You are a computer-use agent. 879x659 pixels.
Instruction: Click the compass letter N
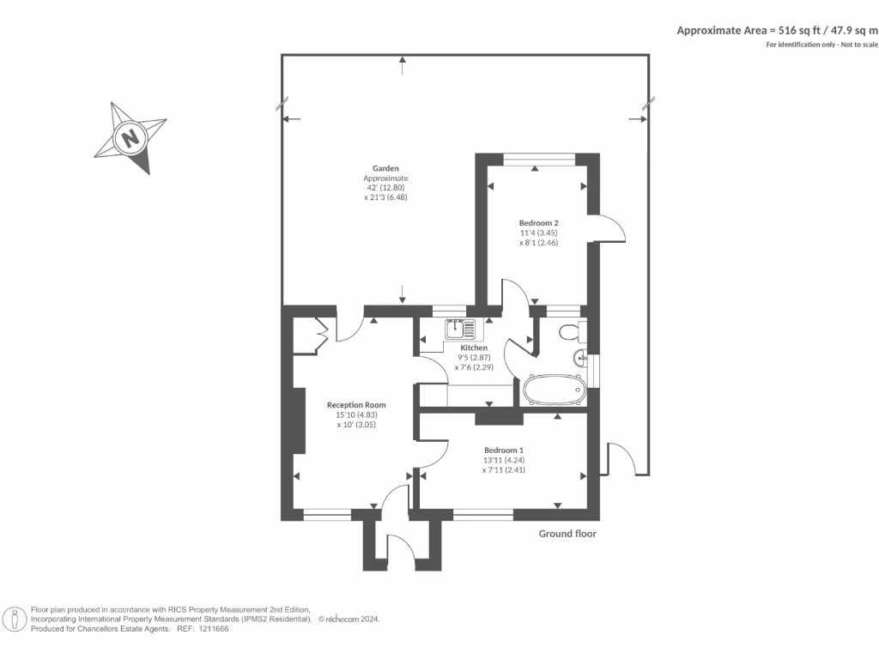click(130, 137)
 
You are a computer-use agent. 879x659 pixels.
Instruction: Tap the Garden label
click(385, 168)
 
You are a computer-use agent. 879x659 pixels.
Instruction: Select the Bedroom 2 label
click(539, 223)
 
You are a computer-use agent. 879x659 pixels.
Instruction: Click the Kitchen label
click(474, 348)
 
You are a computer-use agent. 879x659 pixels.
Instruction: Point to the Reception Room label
click(356, 405)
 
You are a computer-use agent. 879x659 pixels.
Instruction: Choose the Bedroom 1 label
click(504, 450)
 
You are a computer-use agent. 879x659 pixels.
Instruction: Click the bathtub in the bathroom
click(554, 390)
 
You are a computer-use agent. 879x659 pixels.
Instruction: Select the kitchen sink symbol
click(460, 329)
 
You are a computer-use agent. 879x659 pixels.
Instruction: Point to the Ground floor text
click(567, 534)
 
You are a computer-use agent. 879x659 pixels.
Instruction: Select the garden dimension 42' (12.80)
click(385, 188)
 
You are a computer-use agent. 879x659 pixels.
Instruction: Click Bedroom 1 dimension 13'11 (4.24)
click(504, 460)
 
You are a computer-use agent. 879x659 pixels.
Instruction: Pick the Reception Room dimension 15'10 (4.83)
click(356, 415)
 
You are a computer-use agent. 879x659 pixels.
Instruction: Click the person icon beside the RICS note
click(15, 620)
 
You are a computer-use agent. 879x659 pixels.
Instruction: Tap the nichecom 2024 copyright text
click(349, 620)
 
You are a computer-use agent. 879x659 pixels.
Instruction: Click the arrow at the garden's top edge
click(403, 65)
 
